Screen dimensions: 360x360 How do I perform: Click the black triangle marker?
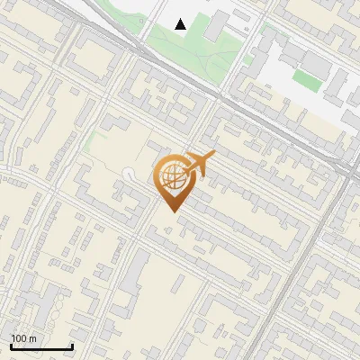coord(181,24)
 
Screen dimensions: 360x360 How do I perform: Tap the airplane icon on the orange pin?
coord(200,164)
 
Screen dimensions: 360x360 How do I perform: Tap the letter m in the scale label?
coord(34,339)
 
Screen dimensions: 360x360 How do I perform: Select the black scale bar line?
coord(41,347)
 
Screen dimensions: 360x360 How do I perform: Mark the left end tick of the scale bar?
coord(11,346)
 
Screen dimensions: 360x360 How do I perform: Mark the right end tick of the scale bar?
coord(72,346)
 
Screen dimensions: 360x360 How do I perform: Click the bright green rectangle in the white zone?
coord(306,81)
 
